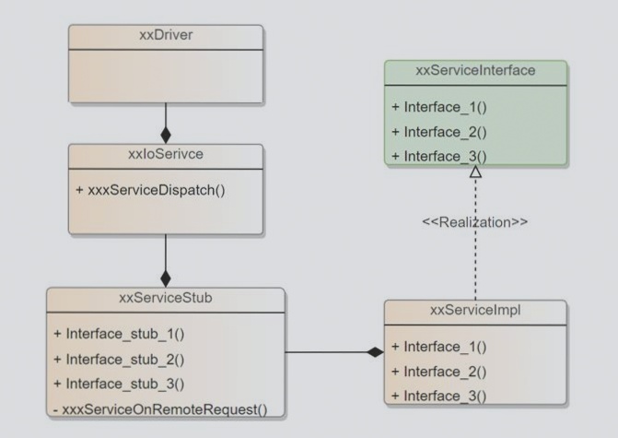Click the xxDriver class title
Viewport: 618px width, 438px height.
(165, 37)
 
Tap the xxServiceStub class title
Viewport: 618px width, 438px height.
(165, 299)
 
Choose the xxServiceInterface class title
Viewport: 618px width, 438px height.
(475, 70)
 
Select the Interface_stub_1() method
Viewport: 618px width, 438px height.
(124, 332)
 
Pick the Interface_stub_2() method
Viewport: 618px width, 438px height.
(124, 358)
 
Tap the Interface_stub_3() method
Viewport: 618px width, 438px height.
(124, 383)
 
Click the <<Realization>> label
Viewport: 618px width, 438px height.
(474, 223)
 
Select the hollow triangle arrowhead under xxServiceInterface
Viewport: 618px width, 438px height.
(474, 172)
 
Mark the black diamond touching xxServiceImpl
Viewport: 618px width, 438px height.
(374, 352)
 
